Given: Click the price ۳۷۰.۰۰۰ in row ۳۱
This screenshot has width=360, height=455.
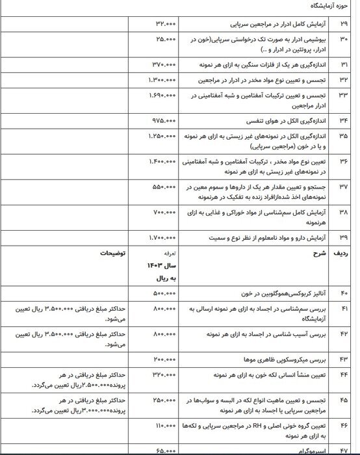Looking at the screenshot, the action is pos(162,65).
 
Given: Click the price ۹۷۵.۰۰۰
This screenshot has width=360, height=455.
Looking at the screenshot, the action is pos(162,120).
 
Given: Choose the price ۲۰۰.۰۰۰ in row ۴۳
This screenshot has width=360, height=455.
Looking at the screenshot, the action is pos(162,359).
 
